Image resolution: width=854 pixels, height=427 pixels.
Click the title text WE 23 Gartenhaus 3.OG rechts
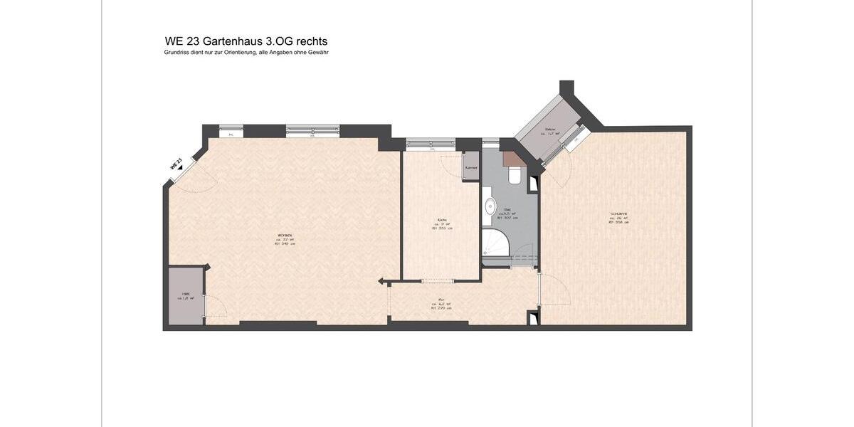click(246, 41)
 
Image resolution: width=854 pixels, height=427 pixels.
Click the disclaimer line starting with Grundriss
click(246, 53)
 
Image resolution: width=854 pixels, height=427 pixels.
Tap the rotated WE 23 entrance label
click(176, 164)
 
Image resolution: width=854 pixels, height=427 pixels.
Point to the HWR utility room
click(186, 296)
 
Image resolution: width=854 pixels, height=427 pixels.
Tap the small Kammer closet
click(471, 167)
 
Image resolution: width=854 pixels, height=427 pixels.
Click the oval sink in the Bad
click(490, 207)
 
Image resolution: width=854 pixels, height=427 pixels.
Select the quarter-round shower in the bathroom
click(495, 243)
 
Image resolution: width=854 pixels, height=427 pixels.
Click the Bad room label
click(508, 213)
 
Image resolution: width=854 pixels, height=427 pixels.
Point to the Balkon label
click(549, 131)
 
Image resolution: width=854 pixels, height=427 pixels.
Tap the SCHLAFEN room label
click(618, 218)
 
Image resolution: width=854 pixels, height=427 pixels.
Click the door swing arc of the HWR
click(216, 307)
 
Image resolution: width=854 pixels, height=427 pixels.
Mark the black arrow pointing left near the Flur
click(382, 280)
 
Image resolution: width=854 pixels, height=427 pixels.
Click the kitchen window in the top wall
click(431, 144)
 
